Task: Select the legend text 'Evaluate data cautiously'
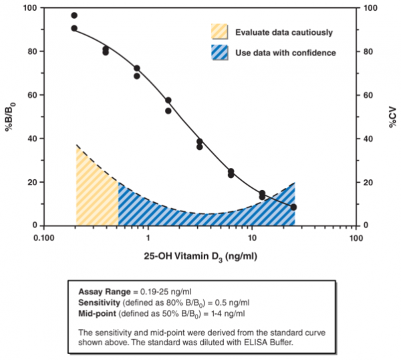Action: click(x=283, y=31)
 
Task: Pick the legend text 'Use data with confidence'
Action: click(x=285, y=52)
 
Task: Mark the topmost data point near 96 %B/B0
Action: click(x=74, y=15)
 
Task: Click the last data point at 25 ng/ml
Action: click(x=293, y=207)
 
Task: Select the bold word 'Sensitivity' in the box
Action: click(x=100, y=302)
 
